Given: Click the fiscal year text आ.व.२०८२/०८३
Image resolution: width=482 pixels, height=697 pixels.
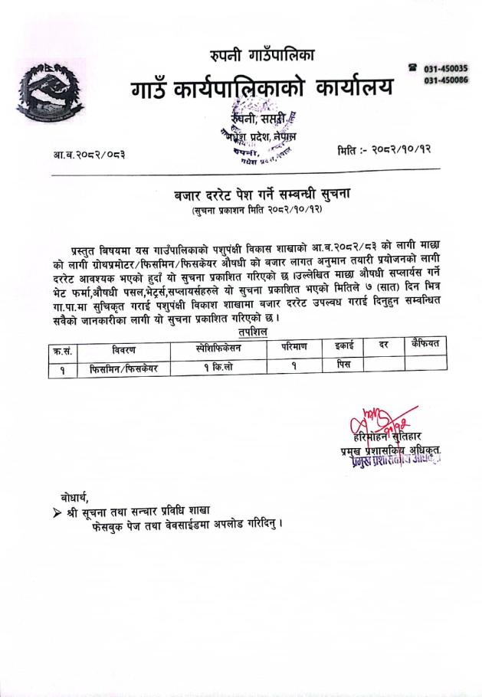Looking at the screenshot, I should [90, 155].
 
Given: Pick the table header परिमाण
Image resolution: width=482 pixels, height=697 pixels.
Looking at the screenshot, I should [293, 348].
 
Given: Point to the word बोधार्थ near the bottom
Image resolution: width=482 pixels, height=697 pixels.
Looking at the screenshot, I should [78, 493].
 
